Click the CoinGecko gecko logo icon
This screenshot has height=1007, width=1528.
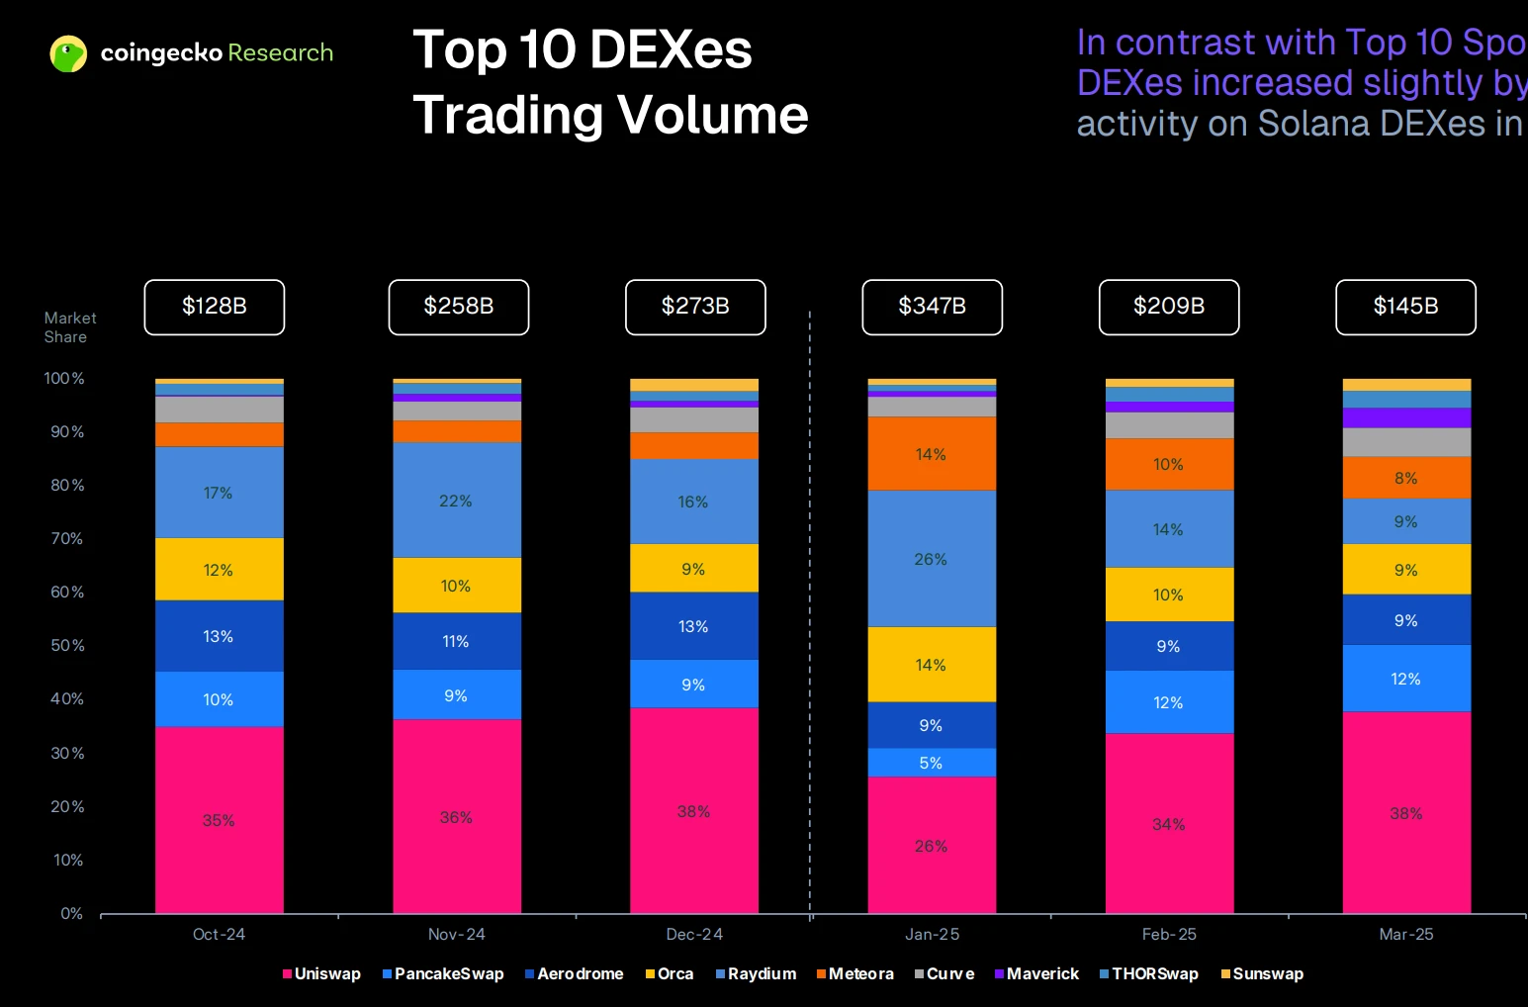[x=68, y=53]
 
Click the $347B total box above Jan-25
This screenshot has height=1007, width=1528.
[x=932, y=307]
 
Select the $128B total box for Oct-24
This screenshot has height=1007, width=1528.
[x=214, y=307]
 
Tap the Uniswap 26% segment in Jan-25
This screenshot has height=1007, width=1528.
[x=932, y=845]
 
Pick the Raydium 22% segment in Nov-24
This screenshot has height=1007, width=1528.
[x=457, y=500]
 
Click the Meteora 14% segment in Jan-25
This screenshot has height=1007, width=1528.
[x=932, y=454]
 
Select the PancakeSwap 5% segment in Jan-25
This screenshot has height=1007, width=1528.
[x=932, y=763]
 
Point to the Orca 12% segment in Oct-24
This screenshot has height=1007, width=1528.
[x=219, y=570]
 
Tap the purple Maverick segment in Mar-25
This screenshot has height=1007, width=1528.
[x=1406, y=417]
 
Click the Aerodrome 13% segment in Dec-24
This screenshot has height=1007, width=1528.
[x=694, y=626]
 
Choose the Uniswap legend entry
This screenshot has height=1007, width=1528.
[x=321, y=973]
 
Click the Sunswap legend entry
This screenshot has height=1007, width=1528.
[x=1263, y=973]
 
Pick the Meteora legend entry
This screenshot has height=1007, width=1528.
[x=855, y=973]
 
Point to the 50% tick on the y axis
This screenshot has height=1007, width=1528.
[x=67, y=645]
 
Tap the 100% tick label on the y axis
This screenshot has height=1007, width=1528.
[x=64, y=378]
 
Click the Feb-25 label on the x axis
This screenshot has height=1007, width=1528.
[x=1169, y=934]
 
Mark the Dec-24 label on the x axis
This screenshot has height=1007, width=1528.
[x=694, y=934]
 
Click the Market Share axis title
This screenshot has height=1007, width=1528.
[x=69, y=327]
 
